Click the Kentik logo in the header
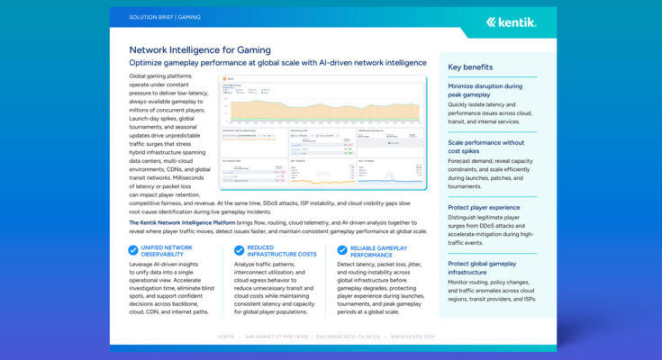coord(511,22)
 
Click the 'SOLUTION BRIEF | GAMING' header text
coord(164,16)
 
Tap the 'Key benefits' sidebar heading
coord(471,67)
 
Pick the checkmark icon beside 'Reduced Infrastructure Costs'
coord(239,251)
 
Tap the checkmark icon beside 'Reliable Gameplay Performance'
coord(342,251)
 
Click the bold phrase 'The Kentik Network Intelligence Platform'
coord(182,221)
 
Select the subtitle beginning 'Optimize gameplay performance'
coord(277,63)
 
